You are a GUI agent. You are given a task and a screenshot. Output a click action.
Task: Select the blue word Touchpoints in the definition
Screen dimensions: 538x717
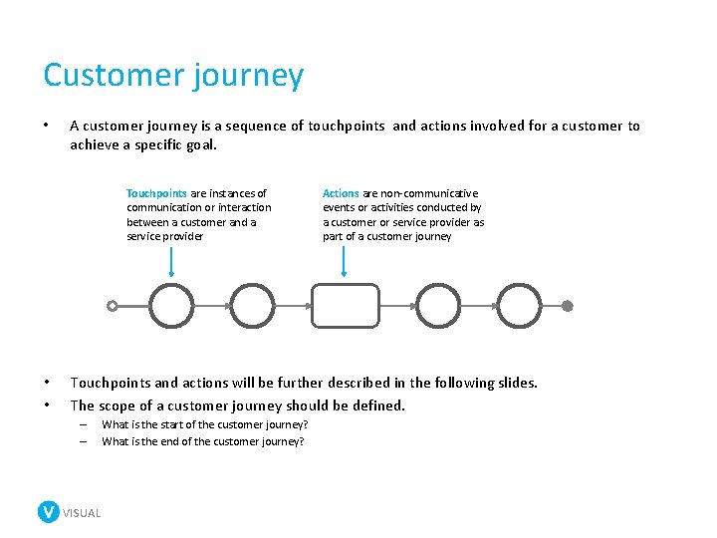[x=156, y=193]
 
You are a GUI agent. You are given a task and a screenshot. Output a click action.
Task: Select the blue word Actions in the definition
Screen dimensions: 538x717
[x=341, y=193]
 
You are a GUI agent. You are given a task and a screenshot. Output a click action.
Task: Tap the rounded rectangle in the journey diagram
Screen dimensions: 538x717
[x=346, y=306]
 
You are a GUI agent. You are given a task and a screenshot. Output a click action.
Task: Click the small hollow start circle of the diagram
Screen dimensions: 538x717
[x=113, y=306]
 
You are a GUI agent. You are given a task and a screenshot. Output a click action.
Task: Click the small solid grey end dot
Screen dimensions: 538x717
[x=568, y=306]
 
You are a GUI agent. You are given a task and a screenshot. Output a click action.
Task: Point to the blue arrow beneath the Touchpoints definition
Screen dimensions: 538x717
[x=172, y=261]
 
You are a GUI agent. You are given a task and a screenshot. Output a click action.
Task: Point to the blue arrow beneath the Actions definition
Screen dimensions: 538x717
[x=344, y=261]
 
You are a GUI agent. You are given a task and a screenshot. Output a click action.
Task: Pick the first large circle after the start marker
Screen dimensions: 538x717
[x=172, y=306]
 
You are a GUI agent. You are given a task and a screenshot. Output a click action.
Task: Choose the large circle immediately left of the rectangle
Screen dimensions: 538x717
[x=251, y=306]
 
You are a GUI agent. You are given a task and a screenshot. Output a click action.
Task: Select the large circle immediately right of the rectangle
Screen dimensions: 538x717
[x=438, y=306]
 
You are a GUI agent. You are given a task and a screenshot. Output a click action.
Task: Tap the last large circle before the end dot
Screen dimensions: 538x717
[x=519, y=306]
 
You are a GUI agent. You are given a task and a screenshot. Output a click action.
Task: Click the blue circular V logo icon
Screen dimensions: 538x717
[x=48, y=512]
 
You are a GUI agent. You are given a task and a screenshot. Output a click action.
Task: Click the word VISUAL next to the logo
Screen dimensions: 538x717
[x=82, y=513]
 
